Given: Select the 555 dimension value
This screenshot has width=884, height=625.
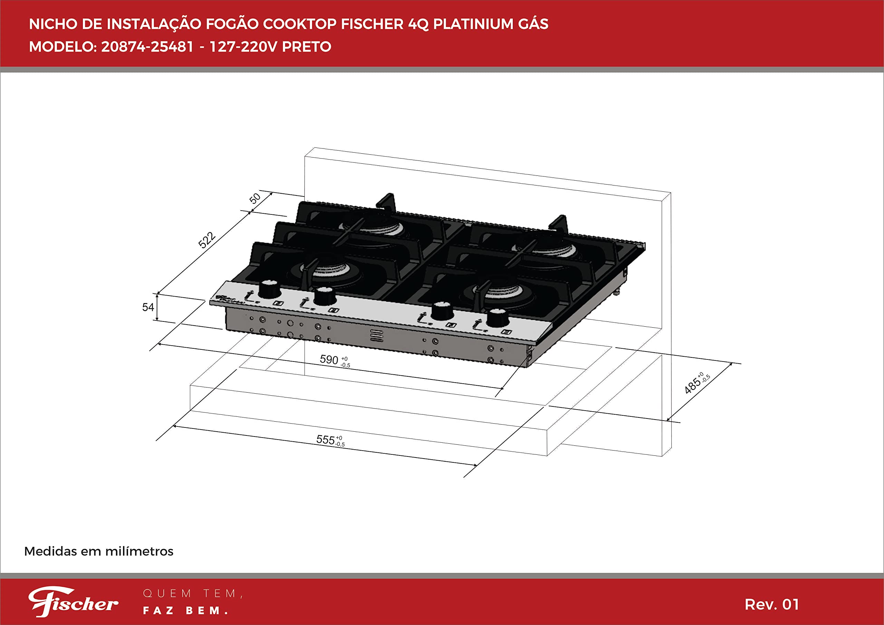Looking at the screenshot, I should click(326, 439).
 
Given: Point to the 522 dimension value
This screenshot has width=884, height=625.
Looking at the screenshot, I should click(207, 240).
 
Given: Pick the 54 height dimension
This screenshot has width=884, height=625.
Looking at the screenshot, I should click(148, 307).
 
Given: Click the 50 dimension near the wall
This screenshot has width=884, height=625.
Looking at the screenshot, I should click(255, 198).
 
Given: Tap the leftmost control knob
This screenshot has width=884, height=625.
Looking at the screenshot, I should click(269, 289).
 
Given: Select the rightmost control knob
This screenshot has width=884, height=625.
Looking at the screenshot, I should click(498, 318).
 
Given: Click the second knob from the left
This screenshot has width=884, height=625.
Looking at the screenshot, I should click(325, 296).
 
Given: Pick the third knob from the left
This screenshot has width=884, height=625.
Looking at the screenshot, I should click(442, 311).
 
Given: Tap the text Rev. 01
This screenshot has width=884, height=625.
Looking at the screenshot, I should click(771, 604).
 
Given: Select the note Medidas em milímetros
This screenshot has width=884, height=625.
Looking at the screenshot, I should click(98, 551).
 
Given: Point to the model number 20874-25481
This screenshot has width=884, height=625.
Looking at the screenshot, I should click(147, 47).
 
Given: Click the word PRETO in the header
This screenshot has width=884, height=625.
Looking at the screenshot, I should click(307, 47).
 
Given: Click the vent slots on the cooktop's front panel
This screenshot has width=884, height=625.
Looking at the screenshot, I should click(376, 335).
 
